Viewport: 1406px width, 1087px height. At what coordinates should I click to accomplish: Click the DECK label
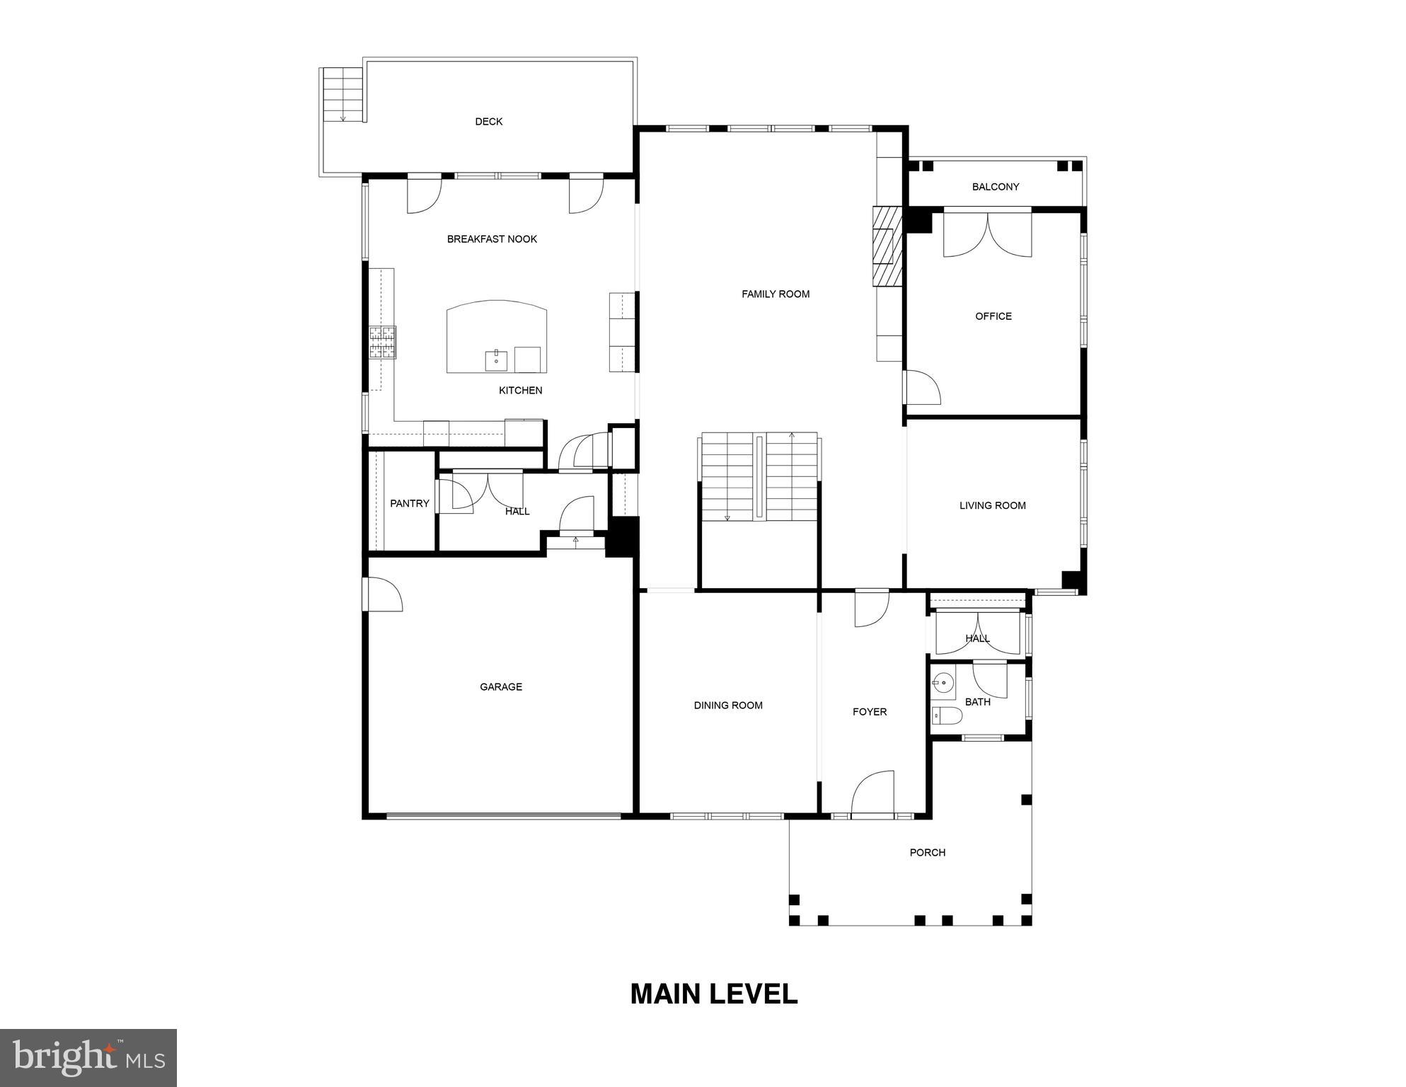488,122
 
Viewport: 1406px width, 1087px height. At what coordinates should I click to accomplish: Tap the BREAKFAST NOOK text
492,239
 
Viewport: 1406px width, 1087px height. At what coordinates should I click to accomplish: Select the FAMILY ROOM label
775,294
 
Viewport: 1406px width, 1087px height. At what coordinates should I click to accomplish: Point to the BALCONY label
995,187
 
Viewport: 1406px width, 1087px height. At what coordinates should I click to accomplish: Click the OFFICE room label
993,316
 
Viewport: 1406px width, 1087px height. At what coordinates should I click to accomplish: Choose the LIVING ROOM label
992,505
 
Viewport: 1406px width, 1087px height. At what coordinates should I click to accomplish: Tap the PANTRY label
409,504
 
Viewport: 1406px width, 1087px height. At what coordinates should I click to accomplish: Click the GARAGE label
500,686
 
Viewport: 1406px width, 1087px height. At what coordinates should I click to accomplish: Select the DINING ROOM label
727,706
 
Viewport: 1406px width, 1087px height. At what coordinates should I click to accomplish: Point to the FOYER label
869,712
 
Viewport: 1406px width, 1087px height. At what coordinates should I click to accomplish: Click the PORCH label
927,853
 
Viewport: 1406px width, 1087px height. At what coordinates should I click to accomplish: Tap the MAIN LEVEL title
713,994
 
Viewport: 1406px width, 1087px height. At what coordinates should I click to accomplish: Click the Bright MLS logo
88,1057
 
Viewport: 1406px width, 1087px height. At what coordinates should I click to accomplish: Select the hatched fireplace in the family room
887,246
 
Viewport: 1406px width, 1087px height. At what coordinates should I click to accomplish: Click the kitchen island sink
496,360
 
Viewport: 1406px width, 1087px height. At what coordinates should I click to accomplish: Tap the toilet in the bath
946,716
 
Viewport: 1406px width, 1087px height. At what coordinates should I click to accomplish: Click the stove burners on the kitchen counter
382,343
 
